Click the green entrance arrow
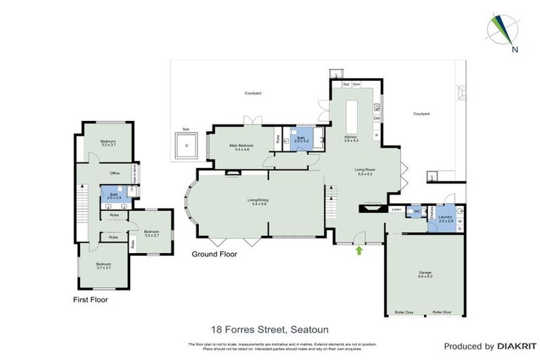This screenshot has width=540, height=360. pos(360,249)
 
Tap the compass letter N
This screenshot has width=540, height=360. pos(515,49)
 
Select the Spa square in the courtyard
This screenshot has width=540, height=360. pos(186,146)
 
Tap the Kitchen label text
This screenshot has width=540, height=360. pos(350,138)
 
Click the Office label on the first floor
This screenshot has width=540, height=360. pos(115,172)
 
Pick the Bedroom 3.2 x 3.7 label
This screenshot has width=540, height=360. pos(108,143)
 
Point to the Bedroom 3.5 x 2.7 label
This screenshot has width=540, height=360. pos(153,233)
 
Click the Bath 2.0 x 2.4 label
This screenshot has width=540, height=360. pos(114,196)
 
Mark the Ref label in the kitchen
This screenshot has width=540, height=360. pos(345,84)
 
